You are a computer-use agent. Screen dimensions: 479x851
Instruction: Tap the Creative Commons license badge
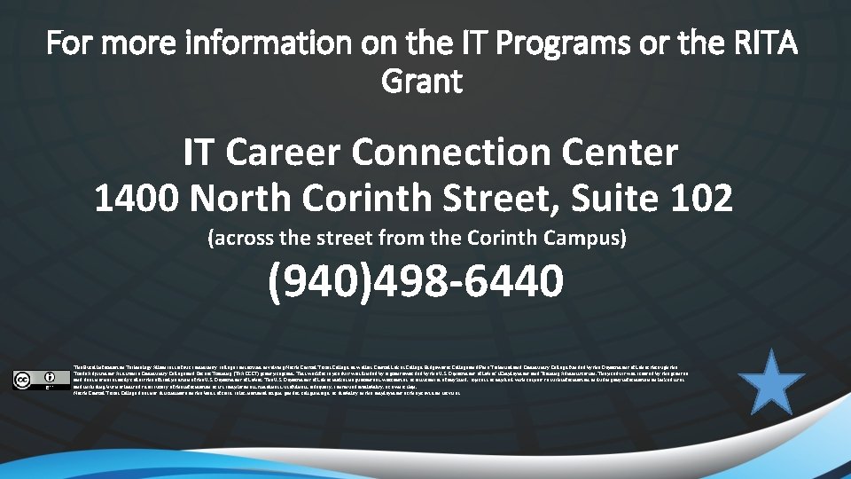coord(41,379)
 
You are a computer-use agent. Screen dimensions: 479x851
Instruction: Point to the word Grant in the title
coord(422,82)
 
